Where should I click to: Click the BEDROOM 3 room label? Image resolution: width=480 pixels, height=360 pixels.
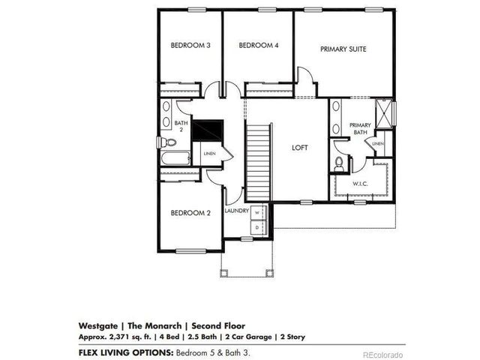[x=190, y=46]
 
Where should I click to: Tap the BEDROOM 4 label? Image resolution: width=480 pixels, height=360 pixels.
[x=259, y=46]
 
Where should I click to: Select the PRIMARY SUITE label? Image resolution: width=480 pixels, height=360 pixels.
[x=343, y=49]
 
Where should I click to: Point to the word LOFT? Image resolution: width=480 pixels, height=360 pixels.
[x=300, y=148]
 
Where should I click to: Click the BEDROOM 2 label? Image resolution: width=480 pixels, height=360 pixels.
[x=190, y=213]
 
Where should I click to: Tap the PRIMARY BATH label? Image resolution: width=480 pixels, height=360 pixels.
[x=360, y=128]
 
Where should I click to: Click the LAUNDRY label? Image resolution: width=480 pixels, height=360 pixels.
[x=236, y=211]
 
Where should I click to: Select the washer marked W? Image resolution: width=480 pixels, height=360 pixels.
[x=256, y=212]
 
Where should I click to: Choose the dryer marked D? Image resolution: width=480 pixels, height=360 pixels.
[x=256, y=225]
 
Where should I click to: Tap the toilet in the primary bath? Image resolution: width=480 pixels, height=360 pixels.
[x=339, y=161]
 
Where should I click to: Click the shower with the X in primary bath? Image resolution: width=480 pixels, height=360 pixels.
[x=385, y=114]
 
